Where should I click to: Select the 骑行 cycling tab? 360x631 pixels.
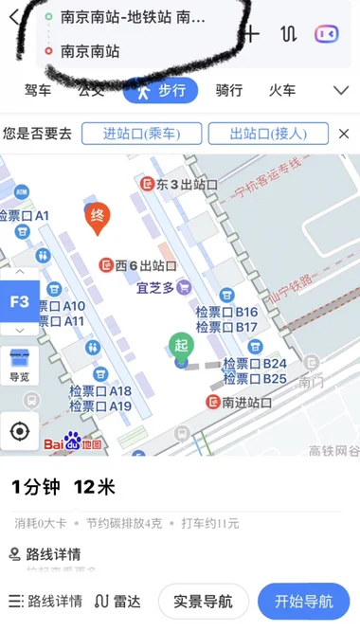(x=229, y=90)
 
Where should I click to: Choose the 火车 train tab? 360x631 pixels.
(x=282, y=90)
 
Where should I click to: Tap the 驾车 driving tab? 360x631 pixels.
(x=38, y=90)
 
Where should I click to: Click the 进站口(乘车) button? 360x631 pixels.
(x=142, y=134)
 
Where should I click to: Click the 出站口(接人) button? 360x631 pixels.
(x=268, y=134)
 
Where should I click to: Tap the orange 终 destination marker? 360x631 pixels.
(x=96, y=219)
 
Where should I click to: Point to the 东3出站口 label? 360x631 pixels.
(x=172, y=184)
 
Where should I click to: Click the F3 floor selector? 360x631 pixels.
(x=19, y=302)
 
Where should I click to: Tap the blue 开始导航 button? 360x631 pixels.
(x=303, y=601)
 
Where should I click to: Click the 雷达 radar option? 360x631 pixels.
(x=120, y=601)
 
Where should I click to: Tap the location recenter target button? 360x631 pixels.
(x=20, y=431)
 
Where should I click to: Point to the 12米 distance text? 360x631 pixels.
(x=94, y=487)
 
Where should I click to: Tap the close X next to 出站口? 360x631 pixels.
(x=344, y=134)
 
